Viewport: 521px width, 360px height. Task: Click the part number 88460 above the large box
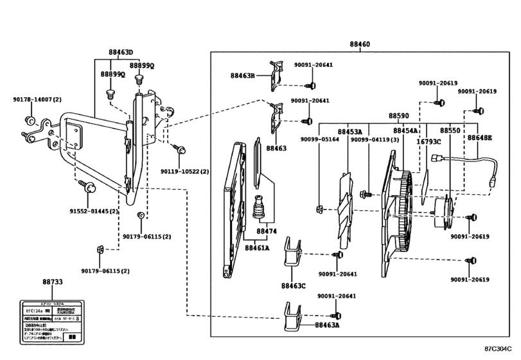coord(359,46)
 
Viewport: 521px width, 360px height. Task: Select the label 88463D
coord(120,52)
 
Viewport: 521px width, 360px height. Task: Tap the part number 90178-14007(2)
coord(37,100)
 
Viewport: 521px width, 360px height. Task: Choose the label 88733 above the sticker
coord(53,282)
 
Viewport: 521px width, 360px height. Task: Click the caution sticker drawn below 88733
coord(53,319)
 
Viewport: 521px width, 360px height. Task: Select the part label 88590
coord(398,116)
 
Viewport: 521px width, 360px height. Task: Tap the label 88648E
coord(480,138)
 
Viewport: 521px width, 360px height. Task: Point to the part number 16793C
coord(428,141)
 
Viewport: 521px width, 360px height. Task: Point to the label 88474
coord(267,231)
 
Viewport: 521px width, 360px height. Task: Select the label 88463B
coord(243,76)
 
